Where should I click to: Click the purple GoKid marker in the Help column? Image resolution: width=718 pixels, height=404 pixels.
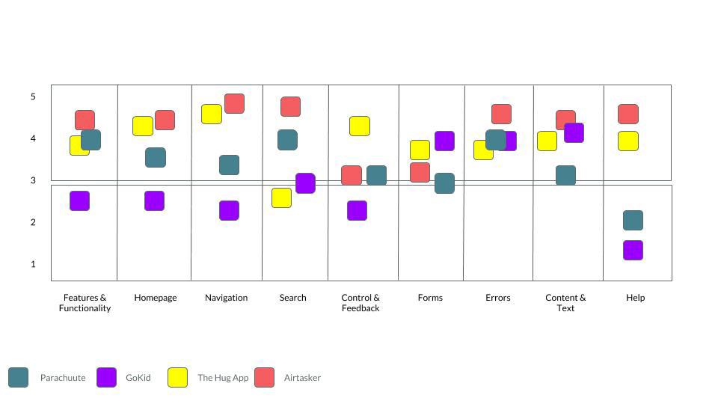633,250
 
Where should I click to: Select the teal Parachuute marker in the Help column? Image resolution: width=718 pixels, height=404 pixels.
633,220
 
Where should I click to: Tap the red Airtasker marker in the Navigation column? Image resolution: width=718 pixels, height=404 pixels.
234,103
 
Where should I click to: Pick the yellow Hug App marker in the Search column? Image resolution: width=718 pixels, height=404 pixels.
282,198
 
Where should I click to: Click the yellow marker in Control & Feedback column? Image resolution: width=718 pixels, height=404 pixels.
360,126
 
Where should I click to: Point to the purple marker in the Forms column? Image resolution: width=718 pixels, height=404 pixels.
444,141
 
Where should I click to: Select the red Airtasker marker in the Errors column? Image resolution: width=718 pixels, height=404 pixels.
501,114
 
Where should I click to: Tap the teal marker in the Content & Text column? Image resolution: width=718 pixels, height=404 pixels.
565,175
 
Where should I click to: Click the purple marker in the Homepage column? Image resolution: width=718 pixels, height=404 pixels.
154,201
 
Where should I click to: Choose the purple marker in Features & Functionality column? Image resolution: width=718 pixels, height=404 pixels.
80,201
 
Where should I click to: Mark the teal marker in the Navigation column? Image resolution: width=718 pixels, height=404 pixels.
229,165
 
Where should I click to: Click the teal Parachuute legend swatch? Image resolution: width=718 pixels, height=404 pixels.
18,377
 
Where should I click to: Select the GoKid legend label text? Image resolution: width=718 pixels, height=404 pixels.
138,378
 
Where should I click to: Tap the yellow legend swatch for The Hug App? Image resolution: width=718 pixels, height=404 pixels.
178,377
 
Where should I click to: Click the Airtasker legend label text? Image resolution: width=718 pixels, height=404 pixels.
302,378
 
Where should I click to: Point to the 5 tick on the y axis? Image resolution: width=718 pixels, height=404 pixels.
33,97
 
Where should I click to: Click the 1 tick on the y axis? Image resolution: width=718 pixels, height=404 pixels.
33,264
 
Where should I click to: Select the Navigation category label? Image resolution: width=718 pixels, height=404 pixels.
226,298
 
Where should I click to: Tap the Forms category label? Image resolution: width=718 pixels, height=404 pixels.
430,298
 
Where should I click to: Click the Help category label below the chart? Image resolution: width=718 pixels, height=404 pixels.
635,298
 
